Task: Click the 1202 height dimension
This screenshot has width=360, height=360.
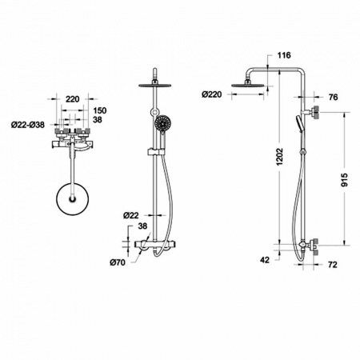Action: tap(280, 156)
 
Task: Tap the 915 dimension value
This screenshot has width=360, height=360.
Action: tap(345, 180)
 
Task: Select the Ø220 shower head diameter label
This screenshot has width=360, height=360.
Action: tap(212, 94)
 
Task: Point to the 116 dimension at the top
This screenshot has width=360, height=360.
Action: tap(284, 55)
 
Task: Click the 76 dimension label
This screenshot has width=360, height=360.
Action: tap(333, 98)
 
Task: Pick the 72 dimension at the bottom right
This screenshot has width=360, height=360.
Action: tap(333, 265)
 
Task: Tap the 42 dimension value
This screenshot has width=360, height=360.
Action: tap(265, 260)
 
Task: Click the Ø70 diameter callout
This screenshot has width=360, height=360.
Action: tap(118, 262)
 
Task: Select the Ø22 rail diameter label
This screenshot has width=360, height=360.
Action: tap(131, 215)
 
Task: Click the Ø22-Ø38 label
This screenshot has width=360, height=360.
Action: tap(28, 125)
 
